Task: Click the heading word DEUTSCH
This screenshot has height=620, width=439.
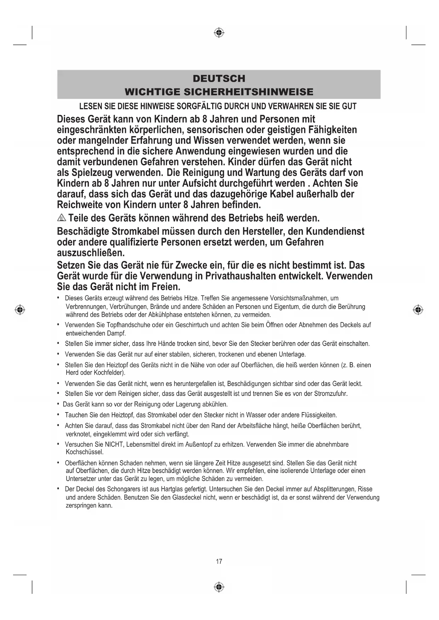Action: click(x=219, y=78)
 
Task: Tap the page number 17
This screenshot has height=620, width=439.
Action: click(x=219, y=561)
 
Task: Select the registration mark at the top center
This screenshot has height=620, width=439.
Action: click(x=219, y=33)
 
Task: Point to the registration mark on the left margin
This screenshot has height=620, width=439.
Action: click(x=20, y=310)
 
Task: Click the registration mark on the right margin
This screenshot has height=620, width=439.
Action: click(x=418, y=310)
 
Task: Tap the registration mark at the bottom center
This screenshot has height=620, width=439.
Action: click(x=219, y=587)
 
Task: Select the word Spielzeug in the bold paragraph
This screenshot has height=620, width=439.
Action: click(x=92, y=173)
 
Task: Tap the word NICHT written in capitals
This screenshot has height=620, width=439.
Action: click(x=114, y=445)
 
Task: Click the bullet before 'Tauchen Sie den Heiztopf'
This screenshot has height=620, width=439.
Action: click(x=58, y=415)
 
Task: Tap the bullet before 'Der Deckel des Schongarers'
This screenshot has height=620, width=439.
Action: click(x=58, y=489)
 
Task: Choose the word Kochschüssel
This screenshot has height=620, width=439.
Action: click(x=85, y=452)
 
